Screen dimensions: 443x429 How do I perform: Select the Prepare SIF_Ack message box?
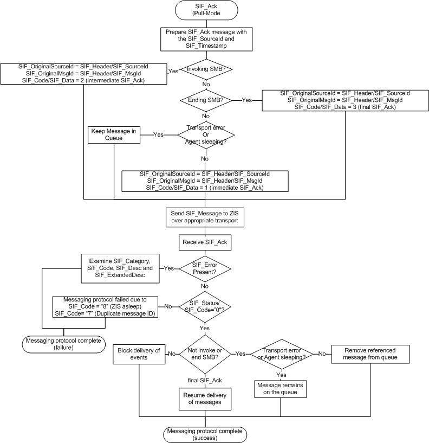click(x=205, y=39)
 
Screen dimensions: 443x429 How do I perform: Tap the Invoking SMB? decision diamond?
click(x=205, y=69)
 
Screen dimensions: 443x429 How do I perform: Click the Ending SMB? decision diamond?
click(x=205, y=100)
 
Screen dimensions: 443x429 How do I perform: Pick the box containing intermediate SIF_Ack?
click(x=84, y=73)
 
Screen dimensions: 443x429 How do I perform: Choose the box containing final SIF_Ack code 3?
click(x=344, y=100)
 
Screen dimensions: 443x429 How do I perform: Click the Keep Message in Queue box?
click(x=114, y=133)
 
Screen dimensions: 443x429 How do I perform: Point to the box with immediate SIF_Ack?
click(x=205, y=181)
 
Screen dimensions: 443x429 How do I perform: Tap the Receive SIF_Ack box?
click(x=205, y=242)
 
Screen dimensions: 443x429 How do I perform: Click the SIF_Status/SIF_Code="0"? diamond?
click(x=205, y=306)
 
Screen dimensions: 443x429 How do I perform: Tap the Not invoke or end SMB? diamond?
click(x=205, y=353)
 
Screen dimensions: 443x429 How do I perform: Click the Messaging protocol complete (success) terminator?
click(x=205, y=433)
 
